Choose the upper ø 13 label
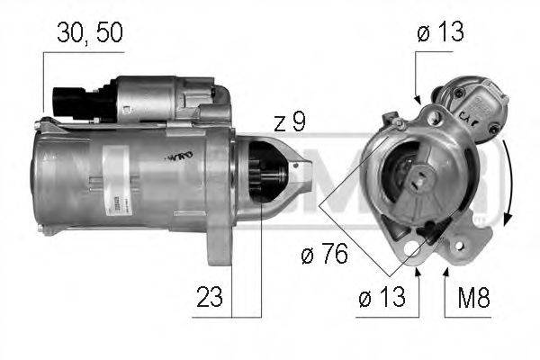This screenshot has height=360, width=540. point(440,33)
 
